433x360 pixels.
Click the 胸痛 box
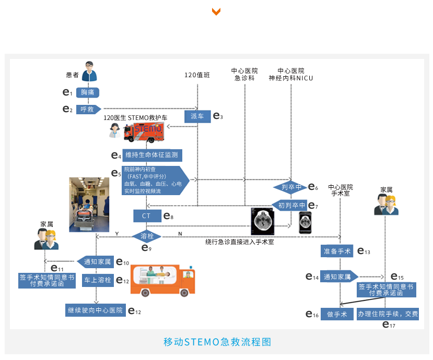pyautogui.click(x=88, y=92)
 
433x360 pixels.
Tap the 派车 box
pyautogui.click(x=197, y=116)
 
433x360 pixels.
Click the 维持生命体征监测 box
pyautogui.click(x=153, y=155)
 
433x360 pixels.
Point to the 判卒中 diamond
pyautogui.click(x=291, y=187)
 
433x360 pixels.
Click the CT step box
pyautogui.click(x=146, y=215)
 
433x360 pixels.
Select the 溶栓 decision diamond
pyautogui.click(x=147, y=236)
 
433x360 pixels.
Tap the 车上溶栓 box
pyautogui.click(x=98, y=280)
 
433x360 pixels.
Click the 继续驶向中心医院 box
pyautogui.click(x=95, y=310)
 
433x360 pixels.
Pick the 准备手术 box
pyautogui.click(x=337, y=251)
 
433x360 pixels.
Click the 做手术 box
pyautogui.click(x=337, y=314)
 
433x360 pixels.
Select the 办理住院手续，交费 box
pyautogui.click(x=387, y=314)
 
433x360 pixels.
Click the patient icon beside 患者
pyautogui.click(x=90, y=71)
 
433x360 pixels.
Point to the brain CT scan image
pyautogui.click(x=262, y=222)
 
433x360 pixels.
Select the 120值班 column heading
pyautogui.click(x=197, y=75)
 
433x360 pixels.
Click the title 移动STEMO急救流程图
pyautogui.click(x=217, y=342)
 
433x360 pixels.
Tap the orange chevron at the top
pyautogui.click(x=216, y=11)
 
